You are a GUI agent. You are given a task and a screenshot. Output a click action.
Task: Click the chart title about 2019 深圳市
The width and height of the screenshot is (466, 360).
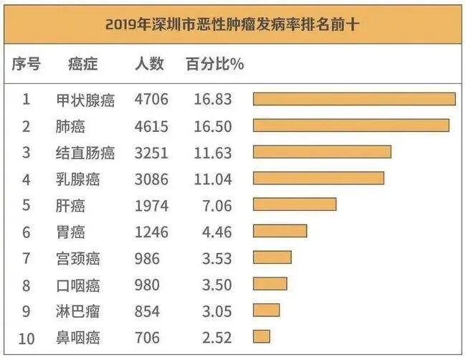pos(232,24)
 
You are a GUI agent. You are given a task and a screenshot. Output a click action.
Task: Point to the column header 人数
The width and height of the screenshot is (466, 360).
pos(150,64)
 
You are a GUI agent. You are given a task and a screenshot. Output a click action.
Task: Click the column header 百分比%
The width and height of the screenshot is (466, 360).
pos(214,64)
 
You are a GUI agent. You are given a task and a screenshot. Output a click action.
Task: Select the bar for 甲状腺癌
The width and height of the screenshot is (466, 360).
pos(354,99)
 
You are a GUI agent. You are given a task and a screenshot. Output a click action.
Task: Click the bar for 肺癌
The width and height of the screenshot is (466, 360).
pos(351,125)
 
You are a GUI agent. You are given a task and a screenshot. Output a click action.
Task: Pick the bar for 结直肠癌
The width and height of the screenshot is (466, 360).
pos(322,152)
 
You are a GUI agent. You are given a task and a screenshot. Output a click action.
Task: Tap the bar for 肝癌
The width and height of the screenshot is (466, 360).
pos(295,204)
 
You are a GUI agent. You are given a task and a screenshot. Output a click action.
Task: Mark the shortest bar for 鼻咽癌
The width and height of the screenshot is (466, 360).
pos(262,336)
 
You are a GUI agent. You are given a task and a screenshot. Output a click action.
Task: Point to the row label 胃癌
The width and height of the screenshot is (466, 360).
pos(70,231)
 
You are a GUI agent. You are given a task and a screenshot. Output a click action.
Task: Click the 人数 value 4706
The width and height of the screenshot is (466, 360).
pos(151,100)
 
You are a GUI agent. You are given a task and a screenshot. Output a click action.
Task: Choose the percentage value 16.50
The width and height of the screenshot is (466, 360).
pos(212,126)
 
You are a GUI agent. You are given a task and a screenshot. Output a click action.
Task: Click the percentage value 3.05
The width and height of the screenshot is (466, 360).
pos(212,311)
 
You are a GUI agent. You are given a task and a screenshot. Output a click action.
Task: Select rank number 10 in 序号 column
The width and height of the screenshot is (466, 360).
pos(26,337)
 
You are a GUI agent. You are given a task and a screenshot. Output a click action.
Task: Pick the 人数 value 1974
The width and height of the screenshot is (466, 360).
pos(151,205)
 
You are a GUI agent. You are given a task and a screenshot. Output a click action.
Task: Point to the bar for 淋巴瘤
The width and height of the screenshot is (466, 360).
pos(266,310)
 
